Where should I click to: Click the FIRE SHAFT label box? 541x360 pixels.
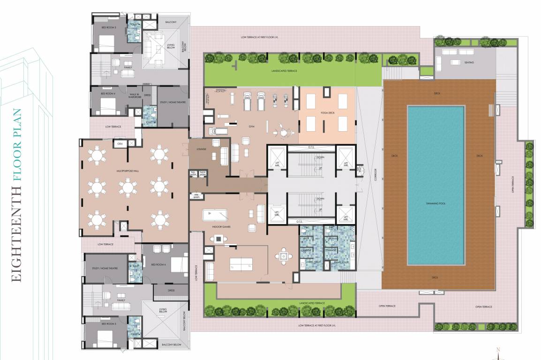[x=195, y=196]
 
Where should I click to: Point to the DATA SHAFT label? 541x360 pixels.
[x=203, y=173]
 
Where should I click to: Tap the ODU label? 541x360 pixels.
[x=120, y=143]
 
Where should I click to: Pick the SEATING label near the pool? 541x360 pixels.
[x=468, y=62]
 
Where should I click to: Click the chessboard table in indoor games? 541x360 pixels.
[x=219, y=239]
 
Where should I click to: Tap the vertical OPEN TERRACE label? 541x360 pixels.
[x=513, y=185]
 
